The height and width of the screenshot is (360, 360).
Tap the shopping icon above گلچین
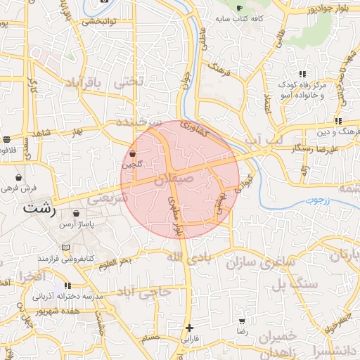[x=133, y=153]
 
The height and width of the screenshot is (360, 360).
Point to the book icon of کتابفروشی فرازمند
[x=65, y=248]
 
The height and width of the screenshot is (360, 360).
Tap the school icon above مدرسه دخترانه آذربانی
[x=67, y=285]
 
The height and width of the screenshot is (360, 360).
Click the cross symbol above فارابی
[x=189, y=328]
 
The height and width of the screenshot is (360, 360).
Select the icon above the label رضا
[x=242, y=321]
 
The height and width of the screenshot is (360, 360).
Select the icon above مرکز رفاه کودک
[x=302, y=74]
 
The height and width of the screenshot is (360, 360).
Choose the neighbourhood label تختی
[x=128, y=82]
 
